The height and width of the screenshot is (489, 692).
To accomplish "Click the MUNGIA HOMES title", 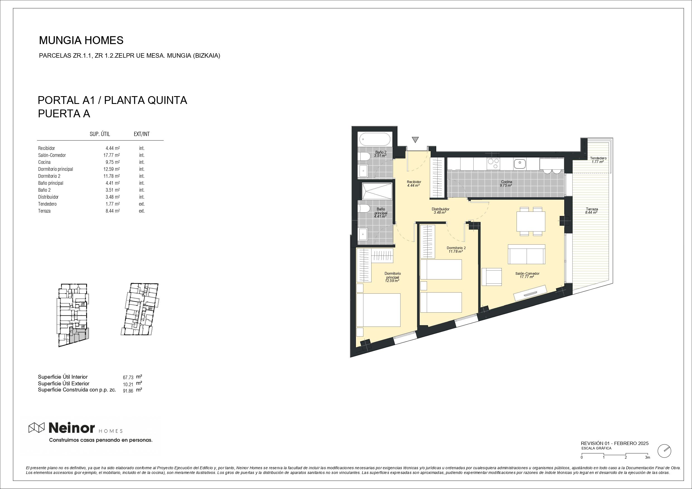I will [x=81, y=40].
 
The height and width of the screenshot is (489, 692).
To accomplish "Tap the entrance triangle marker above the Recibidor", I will [x=415, y=140].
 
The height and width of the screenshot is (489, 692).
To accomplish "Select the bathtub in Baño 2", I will [x=375, y=139].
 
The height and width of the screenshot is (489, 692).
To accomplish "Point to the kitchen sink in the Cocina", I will [x=520, y=164].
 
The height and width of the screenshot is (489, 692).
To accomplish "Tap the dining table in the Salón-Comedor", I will [x=531, y=221].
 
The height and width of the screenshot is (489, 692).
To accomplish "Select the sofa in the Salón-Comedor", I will [x=527, y=254].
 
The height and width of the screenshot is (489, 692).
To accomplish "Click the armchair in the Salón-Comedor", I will [x=491, y=277].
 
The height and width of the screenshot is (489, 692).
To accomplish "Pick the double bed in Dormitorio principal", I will [x=378, y=310].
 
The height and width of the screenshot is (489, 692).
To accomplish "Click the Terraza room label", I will [x=592, y=209].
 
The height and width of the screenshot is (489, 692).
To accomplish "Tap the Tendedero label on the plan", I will [x=598, y=158].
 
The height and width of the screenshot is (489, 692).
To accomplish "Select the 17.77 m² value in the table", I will [x=111, y=155].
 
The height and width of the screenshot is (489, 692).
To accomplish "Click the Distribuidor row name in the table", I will [x=48, y=197].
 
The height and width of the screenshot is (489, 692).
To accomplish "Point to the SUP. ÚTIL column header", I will [x=100, y=134].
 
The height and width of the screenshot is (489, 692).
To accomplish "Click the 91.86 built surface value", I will [x=128, y=391].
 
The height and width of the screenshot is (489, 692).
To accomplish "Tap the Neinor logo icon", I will [x=36, y=428].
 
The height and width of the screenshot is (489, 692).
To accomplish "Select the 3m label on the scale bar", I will [x=647, y=458].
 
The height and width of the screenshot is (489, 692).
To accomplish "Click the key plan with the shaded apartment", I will [x=73, y=315].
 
